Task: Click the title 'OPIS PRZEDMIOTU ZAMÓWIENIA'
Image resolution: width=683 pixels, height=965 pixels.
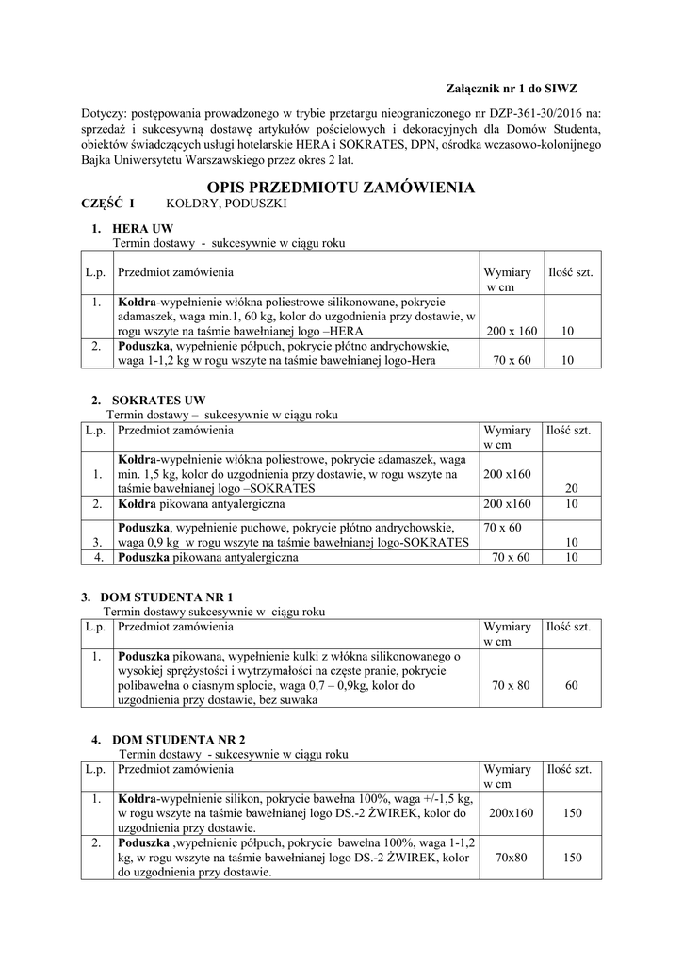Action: click(x=341, y=188)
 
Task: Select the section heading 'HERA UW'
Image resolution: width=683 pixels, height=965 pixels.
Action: click(x=142, y=229)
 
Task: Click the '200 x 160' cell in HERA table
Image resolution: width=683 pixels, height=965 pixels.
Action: click(x=512, y=332)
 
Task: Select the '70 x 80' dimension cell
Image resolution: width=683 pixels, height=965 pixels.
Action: click(x=511, y=685)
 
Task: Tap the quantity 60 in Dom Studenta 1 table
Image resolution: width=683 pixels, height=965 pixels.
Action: click(x=571, y=685)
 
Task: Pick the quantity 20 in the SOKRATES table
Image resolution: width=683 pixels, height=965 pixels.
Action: click(x=571, y=489)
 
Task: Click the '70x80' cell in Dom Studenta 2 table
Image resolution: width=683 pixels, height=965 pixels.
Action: click(x=511, y=858)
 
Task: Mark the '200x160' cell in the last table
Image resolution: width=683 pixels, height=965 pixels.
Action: click(x=512, y=812)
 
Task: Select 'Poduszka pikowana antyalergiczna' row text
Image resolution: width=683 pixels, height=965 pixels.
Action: click(x=206, y=558)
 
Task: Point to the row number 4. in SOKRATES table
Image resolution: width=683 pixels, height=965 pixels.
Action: click(x=97, y=558)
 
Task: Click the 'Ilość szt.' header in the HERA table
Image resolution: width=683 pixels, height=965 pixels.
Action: click(x=571, y=272)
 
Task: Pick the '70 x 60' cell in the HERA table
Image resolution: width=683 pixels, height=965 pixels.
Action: click(x=512, y=360)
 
